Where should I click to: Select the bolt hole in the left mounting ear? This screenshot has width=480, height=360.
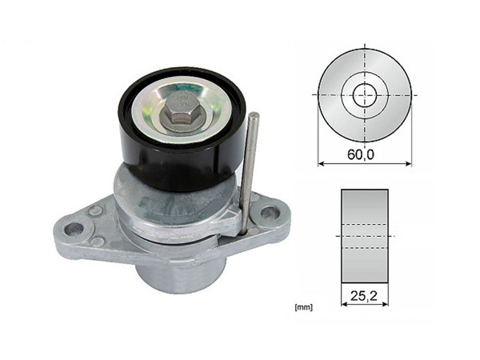(x=74, y=229)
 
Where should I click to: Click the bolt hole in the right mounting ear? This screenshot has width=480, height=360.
(x=270, y=213)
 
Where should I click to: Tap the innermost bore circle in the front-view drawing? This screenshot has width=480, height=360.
(x=364, y=95)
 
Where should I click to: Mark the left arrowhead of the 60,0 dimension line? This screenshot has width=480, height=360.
(x=321, y=164)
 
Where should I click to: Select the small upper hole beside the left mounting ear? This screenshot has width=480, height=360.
(x=95, y=211)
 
